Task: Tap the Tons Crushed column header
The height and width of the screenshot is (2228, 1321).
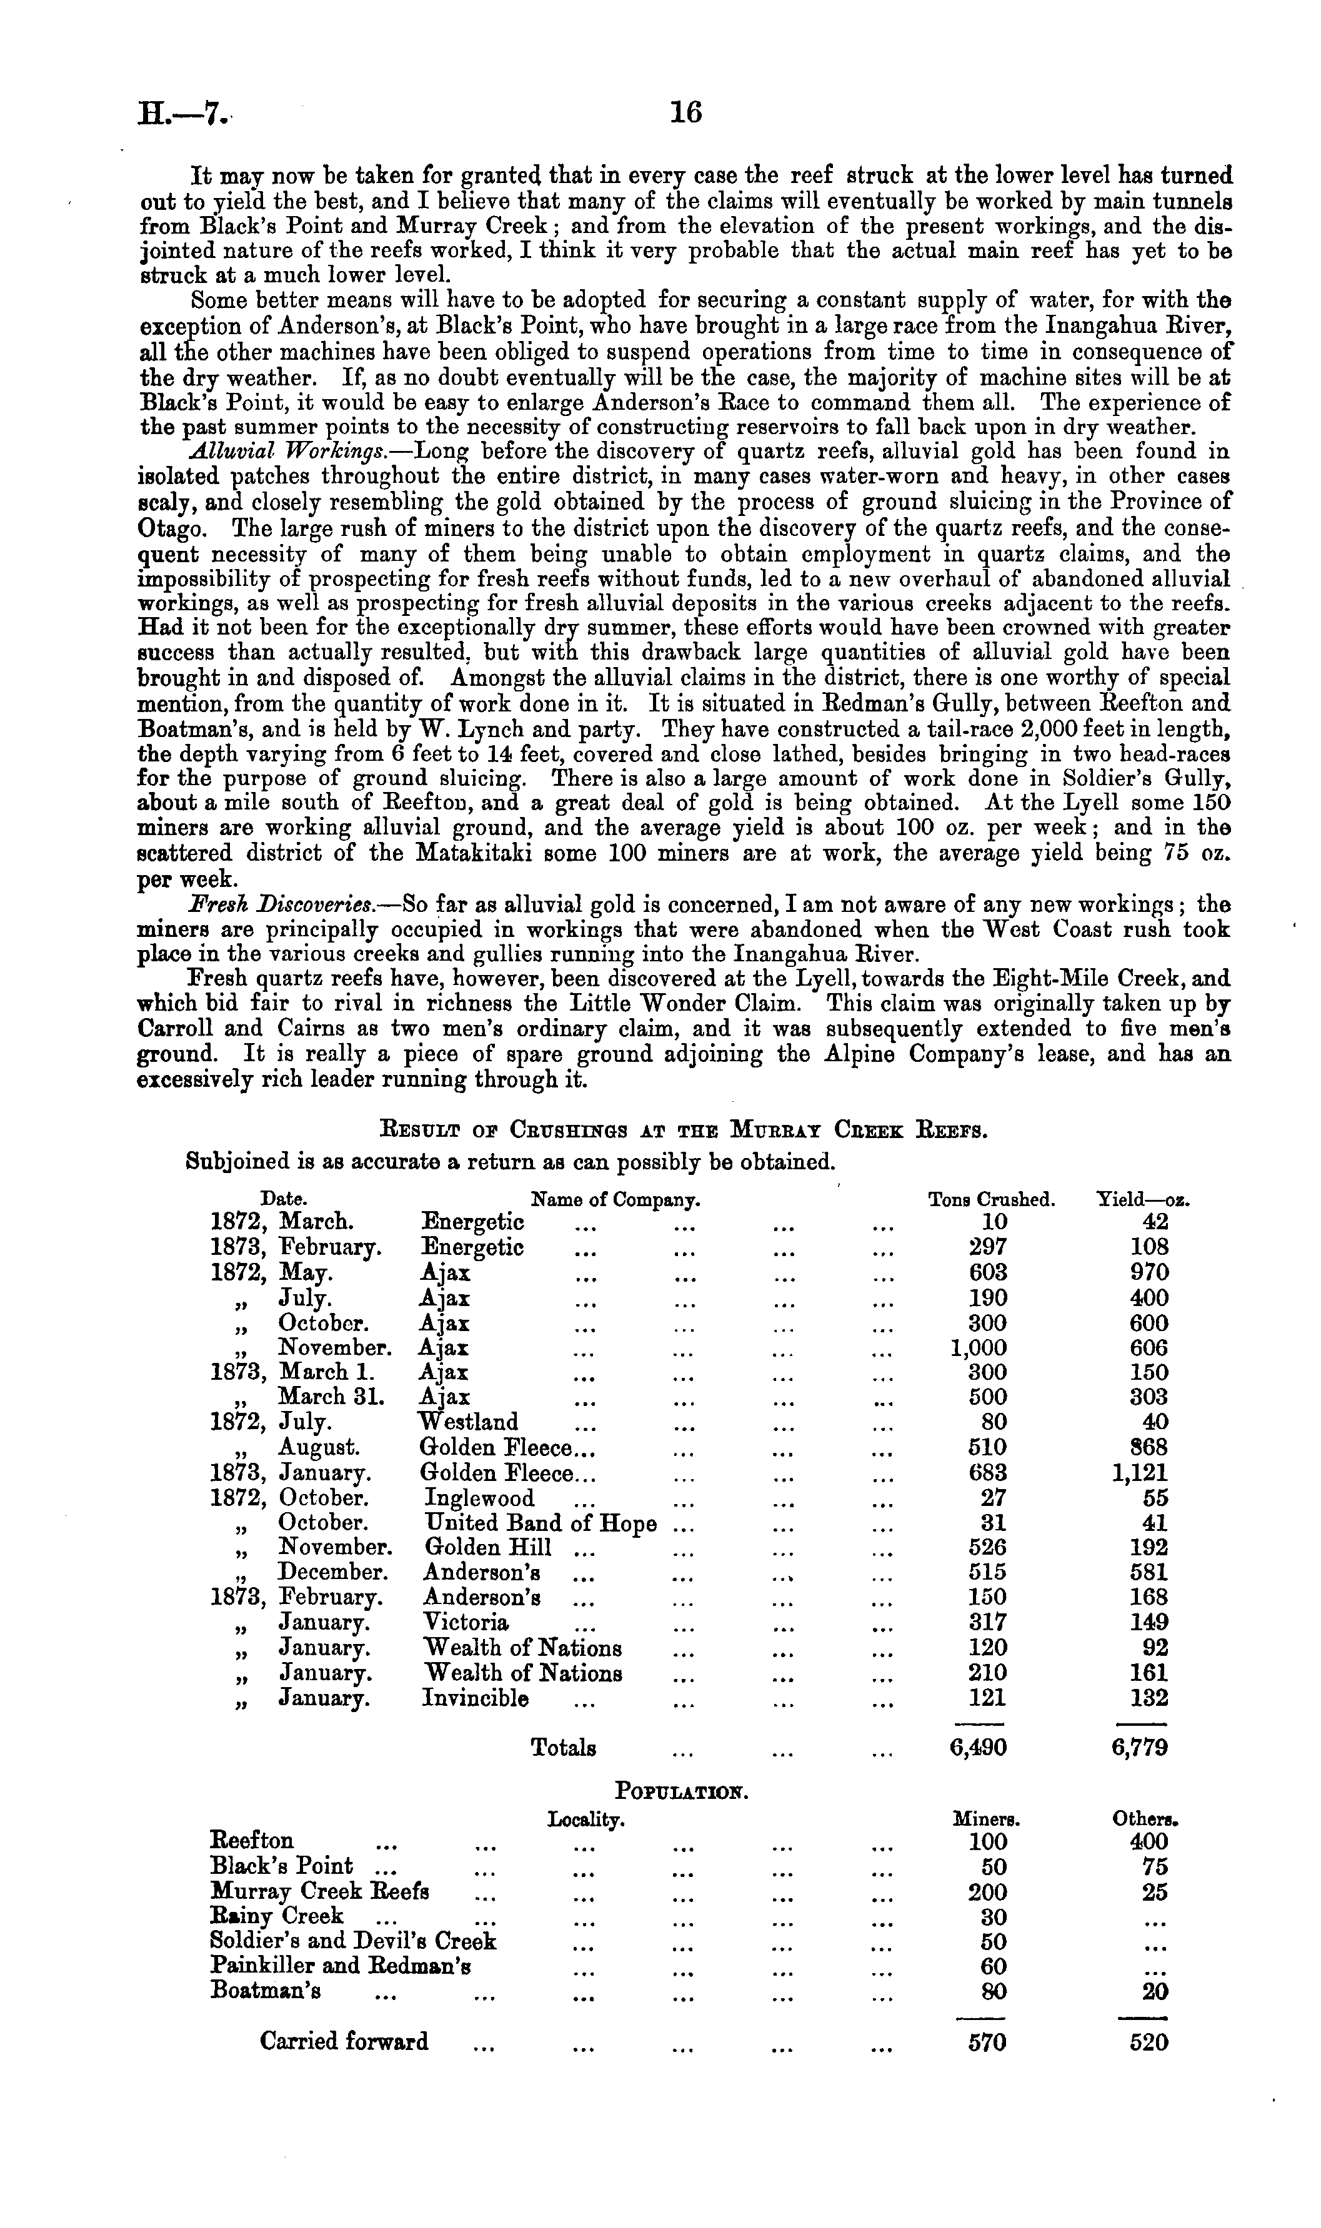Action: tap(991, 1199)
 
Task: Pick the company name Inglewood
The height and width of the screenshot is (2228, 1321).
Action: tap(479, 1498)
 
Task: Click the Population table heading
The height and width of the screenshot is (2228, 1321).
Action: tap(682, 1790)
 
